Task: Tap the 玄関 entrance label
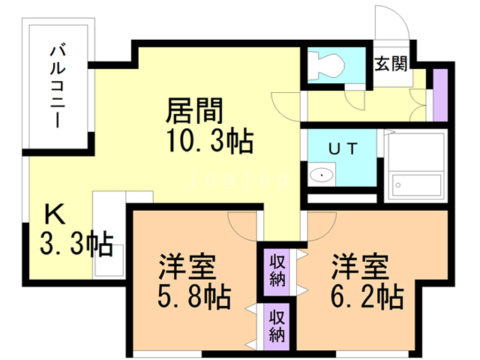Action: [391, 63]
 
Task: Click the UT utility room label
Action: [341, 148]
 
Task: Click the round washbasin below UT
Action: [322, 175]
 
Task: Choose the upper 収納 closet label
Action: [277, 271]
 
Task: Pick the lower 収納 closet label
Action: [277, 325]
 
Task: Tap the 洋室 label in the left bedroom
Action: [187, 267]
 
